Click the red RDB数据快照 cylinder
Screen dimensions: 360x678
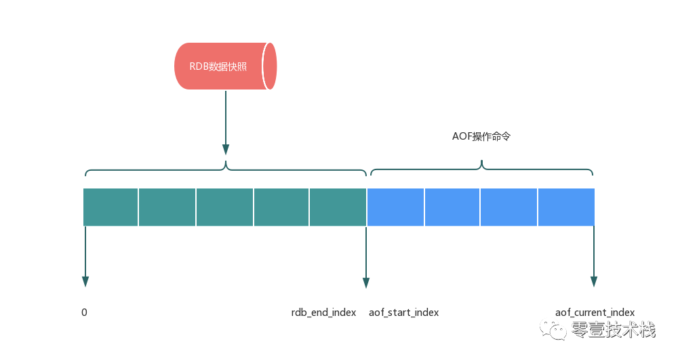[226, 66]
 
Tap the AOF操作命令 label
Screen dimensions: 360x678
[481, 136]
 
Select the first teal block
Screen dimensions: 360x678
[111, 207]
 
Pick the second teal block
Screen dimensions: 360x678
[167, 207]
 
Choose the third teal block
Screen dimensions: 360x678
[224, 207]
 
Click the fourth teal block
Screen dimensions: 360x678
[281, 207]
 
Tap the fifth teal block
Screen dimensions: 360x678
[338, 207]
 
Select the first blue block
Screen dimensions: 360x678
[395, 207]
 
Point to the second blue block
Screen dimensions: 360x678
[452, 207]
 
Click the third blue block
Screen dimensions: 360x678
[509, 207]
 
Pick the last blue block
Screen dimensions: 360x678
[566, 207]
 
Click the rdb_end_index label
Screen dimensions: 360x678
[323, 313]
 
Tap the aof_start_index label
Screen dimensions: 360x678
[403, 313]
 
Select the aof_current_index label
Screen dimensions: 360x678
[595, 313]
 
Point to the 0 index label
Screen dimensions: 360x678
[84, 313]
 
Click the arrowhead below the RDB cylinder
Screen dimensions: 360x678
[226, 149]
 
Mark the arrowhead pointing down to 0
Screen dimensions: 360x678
[85, 281]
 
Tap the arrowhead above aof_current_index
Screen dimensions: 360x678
[594, 281]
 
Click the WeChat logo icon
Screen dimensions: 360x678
[553, 329]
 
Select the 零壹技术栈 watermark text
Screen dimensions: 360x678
[613, 330]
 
